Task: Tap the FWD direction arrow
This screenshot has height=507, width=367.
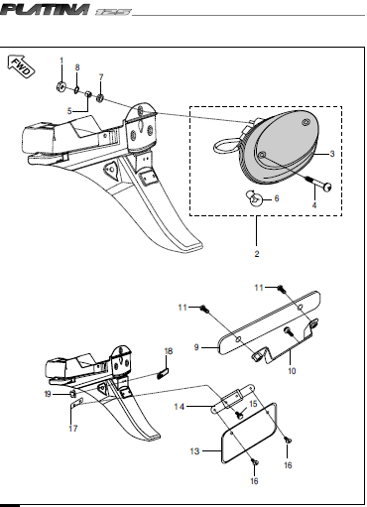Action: (21, 68)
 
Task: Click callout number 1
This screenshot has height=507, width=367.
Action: (61, 62)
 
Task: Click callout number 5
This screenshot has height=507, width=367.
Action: (69, 109)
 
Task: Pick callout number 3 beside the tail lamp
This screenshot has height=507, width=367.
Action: (331, 154)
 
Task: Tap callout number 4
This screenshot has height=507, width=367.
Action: (315, 203)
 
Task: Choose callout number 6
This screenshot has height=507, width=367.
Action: (276, 198)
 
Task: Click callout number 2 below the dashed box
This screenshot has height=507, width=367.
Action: (257, 255)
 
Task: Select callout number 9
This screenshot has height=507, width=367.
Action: (196, 346)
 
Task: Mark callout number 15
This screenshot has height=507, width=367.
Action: (253, 404)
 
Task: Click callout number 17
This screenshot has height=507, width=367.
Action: (72, 430)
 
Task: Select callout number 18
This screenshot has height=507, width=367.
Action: (168, 352)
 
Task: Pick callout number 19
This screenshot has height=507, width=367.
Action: (47, 395)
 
